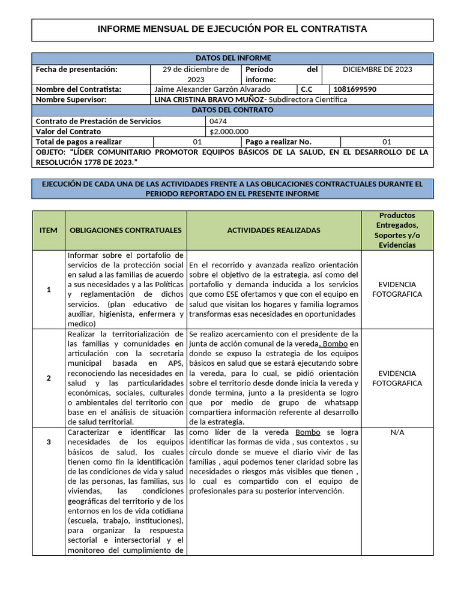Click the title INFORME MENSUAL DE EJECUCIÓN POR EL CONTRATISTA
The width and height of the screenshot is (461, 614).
[x=232, y=29]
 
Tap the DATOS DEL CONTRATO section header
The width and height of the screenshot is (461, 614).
[x=232, y=110]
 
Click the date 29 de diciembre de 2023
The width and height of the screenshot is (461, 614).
[x=196, y=74]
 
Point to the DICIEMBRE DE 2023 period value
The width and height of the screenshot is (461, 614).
[x=377, y=70]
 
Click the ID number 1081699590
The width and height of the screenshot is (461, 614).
[x=355, y=89]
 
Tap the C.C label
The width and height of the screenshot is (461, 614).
[x=307, y=89]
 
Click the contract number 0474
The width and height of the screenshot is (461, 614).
[x=218, y=121]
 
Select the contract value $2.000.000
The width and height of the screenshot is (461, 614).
[x=229, y=131]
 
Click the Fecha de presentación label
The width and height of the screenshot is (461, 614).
[x=76, y=70]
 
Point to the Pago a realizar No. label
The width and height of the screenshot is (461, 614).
[x=279, y=142]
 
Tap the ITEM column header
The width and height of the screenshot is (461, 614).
[x=49, y=230]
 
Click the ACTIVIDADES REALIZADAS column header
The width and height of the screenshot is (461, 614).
[x=273, y=230]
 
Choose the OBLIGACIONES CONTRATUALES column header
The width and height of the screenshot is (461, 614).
[x=125, y=230]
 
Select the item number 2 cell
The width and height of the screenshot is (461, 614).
[x=49, y=378]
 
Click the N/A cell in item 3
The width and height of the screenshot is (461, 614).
[x=397, y=432]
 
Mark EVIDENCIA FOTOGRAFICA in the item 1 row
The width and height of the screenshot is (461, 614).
[x=397, y=289]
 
